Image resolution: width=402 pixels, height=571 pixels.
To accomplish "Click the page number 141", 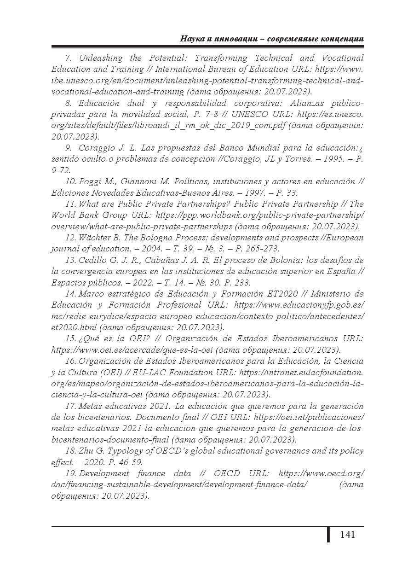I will tap(347, 535).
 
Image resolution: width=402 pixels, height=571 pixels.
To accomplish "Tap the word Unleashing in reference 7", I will tap(100, 58).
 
